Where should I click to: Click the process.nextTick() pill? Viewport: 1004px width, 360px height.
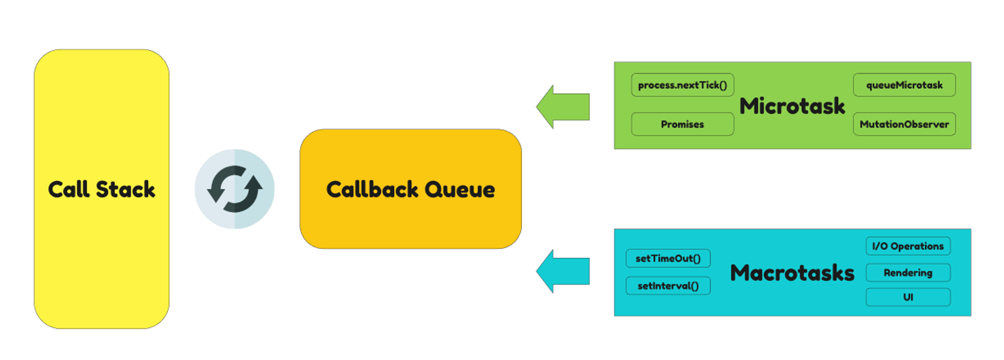point(682,85)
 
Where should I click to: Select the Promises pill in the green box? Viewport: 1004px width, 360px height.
point(682,124)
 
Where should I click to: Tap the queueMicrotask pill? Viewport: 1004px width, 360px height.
point(904,85)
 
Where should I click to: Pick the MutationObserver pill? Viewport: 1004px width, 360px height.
point(904,124)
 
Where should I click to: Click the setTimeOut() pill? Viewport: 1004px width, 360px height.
point(668,259)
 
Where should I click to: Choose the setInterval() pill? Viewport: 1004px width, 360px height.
point(668,286)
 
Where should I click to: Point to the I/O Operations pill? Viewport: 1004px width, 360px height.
point(908,246)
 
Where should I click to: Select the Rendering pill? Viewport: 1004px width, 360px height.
point(908,273)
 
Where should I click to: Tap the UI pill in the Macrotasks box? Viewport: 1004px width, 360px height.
point(908,297)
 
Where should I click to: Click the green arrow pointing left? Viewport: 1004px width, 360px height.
point(563,107)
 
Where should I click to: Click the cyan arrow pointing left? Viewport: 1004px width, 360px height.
point(563,272)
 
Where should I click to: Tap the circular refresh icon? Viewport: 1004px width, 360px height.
point(234,189)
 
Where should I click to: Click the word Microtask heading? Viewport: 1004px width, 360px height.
point(792,106)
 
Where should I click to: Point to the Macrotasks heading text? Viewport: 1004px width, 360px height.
point(792,273)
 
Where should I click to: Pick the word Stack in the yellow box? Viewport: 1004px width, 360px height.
point(125,189)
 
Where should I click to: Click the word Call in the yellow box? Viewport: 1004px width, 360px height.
point(68,189)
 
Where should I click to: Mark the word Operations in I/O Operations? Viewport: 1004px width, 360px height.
point(917,246)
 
